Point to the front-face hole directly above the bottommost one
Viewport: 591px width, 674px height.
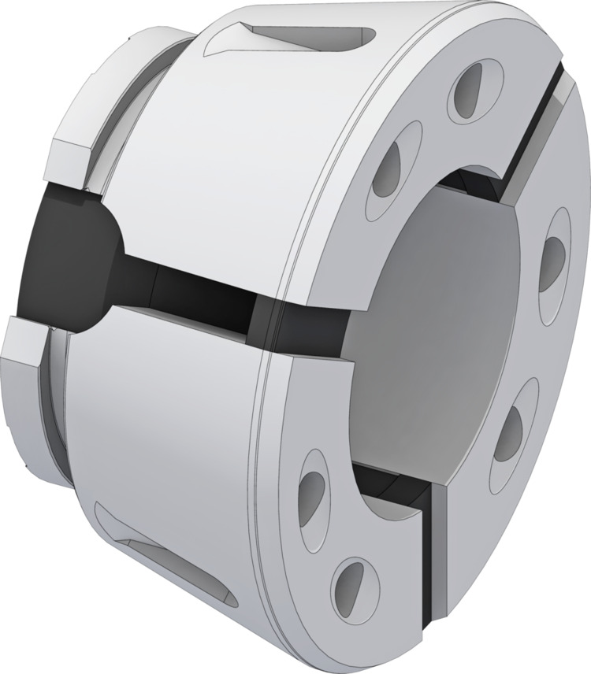(x=313, y=489)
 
